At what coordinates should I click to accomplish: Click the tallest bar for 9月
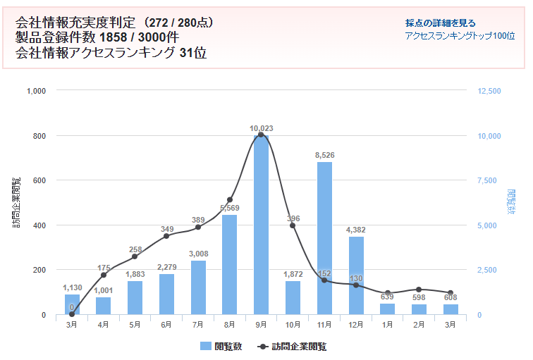(x=261, y=225)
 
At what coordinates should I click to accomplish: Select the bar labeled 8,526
(x=324, y=240)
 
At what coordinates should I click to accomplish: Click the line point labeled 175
(x=104, y=275)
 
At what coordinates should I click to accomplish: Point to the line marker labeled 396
(x=293, y=225)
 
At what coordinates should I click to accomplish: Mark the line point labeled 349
(x=166, y=236)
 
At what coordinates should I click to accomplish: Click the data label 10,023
(x=261, y=128)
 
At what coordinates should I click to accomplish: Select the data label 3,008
(x=198, y=254)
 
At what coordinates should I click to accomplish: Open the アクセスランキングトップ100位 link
(x=460, y=35)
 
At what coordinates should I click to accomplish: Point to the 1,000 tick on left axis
(x=36, y=91)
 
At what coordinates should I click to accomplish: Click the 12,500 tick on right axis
(x=489, y=91)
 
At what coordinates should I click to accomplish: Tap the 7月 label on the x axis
(x=198, y=324)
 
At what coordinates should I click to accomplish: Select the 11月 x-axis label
(x=324, y=324)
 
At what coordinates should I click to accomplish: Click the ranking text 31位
(x=193, y=52)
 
